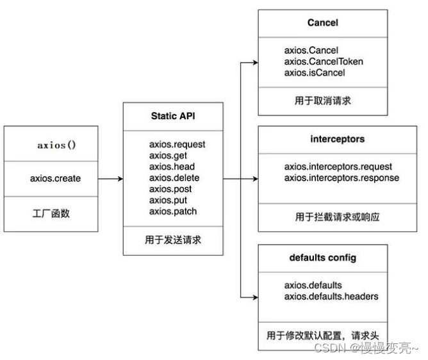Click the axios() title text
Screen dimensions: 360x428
click(56, 145)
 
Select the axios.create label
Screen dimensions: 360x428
click(56, 179)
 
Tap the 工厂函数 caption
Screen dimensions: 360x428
click(51, 213)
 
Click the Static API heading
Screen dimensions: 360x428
click(173, 117)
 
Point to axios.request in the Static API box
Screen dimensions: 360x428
click(177, 145)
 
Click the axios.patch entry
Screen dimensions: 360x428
click(173, 211)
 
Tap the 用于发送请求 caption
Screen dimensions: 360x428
click(173, 241)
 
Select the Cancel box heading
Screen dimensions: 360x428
click(322, 23)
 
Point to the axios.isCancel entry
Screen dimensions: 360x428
click(315, 72)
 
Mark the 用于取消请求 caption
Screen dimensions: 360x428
click(322, 101)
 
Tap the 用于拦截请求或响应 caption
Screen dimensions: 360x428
click(322, 217)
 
